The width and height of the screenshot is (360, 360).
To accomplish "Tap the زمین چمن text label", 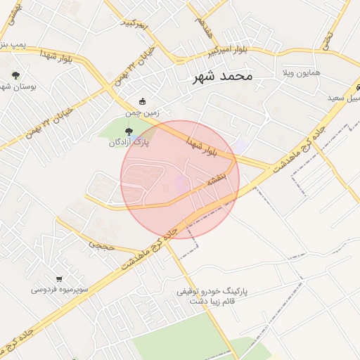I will point(139,112).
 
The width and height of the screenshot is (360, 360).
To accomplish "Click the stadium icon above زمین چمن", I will point(143,101).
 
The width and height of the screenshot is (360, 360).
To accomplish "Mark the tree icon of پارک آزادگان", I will point(128,131).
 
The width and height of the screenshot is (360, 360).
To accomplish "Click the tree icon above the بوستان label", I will point(15,75).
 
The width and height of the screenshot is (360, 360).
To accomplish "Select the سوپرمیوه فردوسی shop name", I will point(58,289).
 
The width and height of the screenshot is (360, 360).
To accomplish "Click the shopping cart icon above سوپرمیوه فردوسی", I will point(59,278).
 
